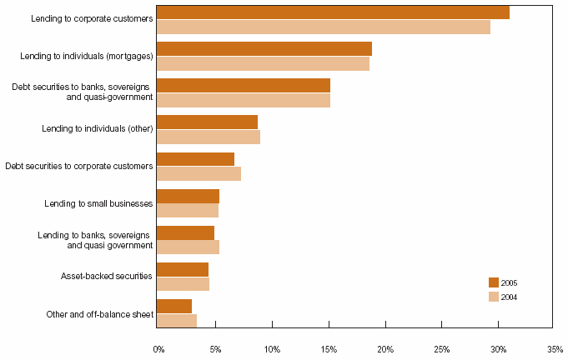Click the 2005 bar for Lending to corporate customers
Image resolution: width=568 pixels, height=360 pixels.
pos(332,12)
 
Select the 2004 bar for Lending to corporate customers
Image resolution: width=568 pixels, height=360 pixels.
pos(323,27)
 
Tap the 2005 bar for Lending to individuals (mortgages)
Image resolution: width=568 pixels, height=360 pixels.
pos(264,48)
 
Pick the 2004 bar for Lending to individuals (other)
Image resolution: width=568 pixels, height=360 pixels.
pos(208,137)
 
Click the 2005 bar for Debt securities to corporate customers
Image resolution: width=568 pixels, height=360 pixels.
pos(195,159)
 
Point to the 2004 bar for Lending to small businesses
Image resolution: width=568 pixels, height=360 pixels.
pos(187,210)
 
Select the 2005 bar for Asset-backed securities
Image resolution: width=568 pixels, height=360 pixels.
pos(182,269)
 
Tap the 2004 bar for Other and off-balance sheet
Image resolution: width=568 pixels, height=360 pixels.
pos(176,320)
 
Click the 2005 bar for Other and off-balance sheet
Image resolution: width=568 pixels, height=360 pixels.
pos(173,306)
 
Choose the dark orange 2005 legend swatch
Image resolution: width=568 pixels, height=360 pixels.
pos(493,282)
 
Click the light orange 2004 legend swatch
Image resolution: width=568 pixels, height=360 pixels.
pos(493,297)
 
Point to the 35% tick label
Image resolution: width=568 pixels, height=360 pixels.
pos(555,348)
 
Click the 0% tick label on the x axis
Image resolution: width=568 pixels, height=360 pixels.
pos(159,348)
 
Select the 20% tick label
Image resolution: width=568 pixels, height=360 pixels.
pos(385,348)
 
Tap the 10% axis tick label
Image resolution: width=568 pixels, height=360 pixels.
pos(271,348)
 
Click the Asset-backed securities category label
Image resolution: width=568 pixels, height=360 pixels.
pos(107,276)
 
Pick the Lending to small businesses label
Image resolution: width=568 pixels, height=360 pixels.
pos(98,202)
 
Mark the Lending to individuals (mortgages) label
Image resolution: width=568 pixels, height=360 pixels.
pos(87,56)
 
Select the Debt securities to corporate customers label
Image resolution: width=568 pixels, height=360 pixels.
pos(79,166)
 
